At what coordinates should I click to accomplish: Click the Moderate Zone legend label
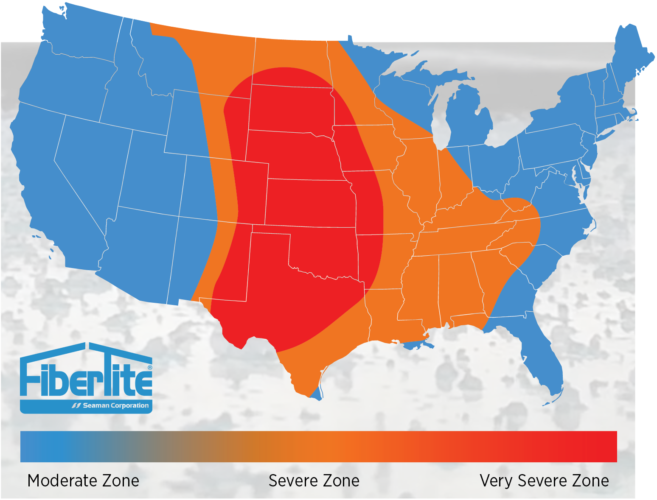click(83, 481)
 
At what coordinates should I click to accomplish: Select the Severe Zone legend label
click(314, 481)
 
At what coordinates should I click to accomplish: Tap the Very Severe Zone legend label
click(544, 481)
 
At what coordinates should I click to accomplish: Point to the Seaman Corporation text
click(115, 405)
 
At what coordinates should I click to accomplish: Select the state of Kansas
click(310, 202)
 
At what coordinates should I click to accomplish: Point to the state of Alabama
click(460, 284)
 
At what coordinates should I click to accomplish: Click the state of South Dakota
click(291, 108)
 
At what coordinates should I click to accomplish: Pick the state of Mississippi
click(420, 288)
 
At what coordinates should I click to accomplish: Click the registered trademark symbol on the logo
click(149, 367)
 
